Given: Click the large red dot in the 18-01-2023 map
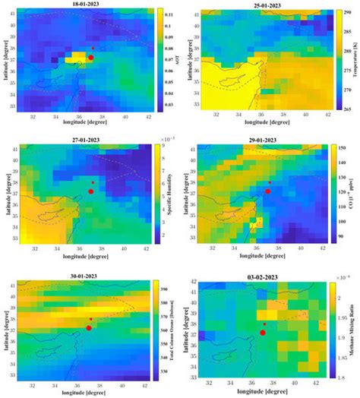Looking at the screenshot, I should point(90,57).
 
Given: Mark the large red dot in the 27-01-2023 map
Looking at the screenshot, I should point(90,192).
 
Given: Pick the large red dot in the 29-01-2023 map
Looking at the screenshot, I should point(267,192).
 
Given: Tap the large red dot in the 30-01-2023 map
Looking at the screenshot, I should point(89,327).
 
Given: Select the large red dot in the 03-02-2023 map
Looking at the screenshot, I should point(263,333).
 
